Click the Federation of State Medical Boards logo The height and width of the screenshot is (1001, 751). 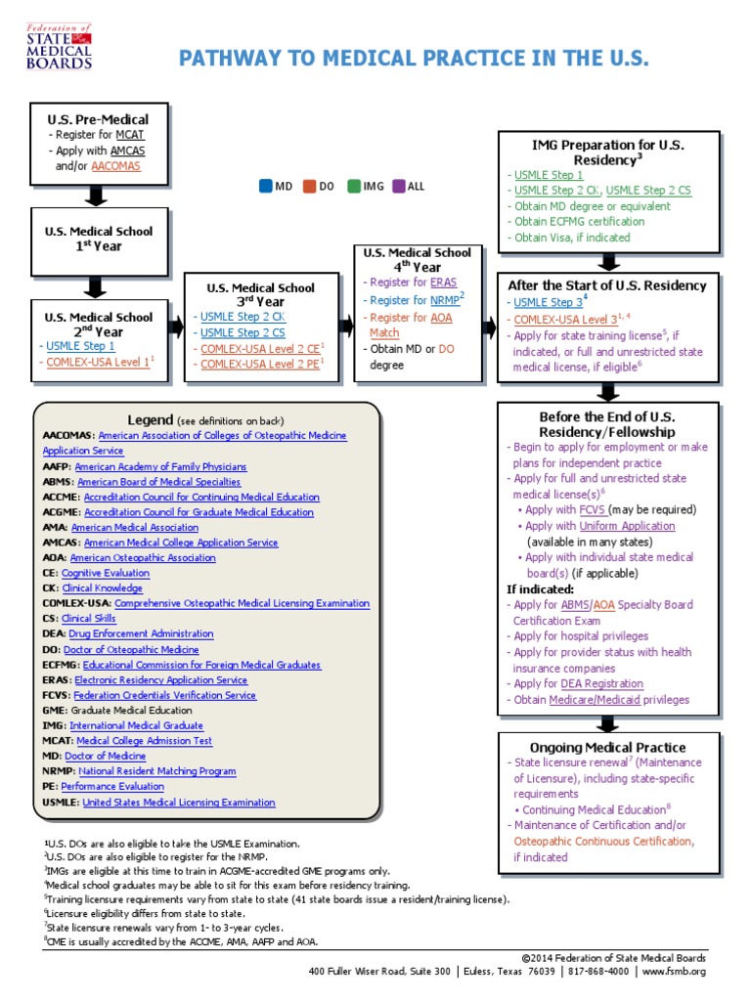pyautogui.click(x=60, y=46)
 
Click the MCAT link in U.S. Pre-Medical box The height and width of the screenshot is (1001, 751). pyautogui.click(x=130, y=135)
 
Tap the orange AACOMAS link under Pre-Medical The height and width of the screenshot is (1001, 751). pyautogui.click(x=115, y=166)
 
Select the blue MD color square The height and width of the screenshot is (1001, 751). pyautogui.click(x=266, y=186)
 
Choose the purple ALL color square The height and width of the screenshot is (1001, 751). pyautogui.click(x=398, y=186)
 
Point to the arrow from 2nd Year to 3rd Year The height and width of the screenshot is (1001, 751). pyautogui.click(x=175, y=326)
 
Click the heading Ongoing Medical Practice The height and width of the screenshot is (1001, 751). pyautogui.click(x=607, y=748)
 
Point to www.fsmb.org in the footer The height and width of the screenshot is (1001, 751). pyautogui.click(x=674, y=972)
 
